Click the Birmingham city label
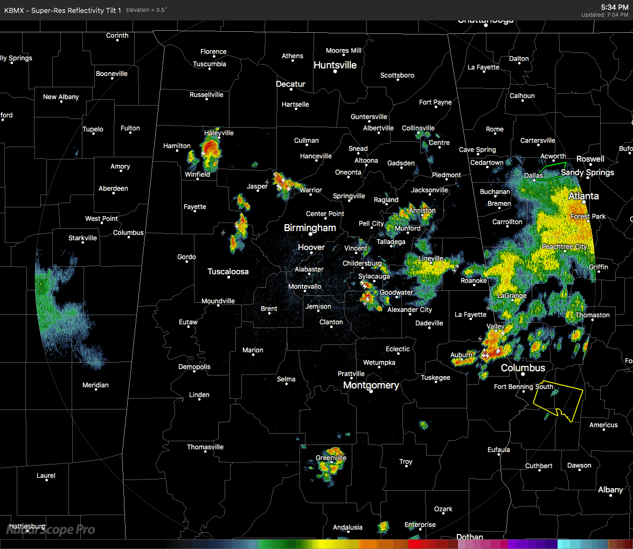(x=310, y=228)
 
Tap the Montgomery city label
(x=371, y=385)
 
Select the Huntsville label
(x=335, y=65)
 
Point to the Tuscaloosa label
(x=228, y=272)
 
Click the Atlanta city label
(x=583, y=196)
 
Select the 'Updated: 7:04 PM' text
(x=604, y=15)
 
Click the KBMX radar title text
(x=62, y=10)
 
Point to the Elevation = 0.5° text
(x=147, y=10)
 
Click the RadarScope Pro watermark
(x=51, y=530)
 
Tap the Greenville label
(x=331, y=458)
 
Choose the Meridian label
(x=95, y=385)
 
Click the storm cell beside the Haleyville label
(x=210, y=148)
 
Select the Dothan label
(x=470, y=537)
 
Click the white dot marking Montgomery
(x=371, y=392)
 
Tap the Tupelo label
(x=93, y=129)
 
